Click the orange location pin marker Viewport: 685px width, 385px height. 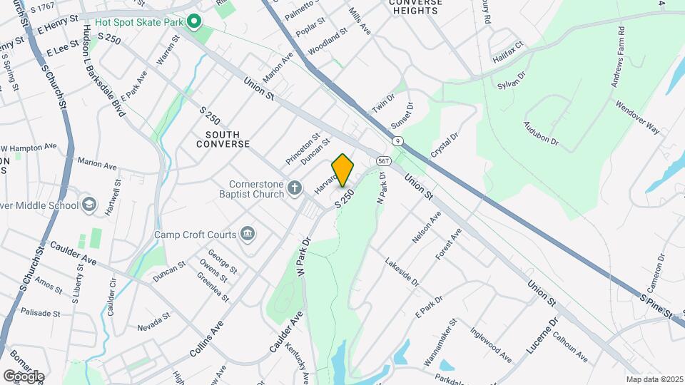pyautogui.click(x=343, y=170)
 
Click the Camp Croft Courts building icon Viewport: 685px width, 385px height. pyautogui.click(x=248, y=233)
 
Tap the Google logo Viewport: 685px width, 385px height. pyautogui.click(x=24, y=376)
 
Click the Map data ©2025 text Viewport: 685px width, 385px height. pyautogui.click(x=654, y=379)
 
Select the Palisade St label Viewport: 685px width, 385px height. pyautogui.click(x=41, y=313)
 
